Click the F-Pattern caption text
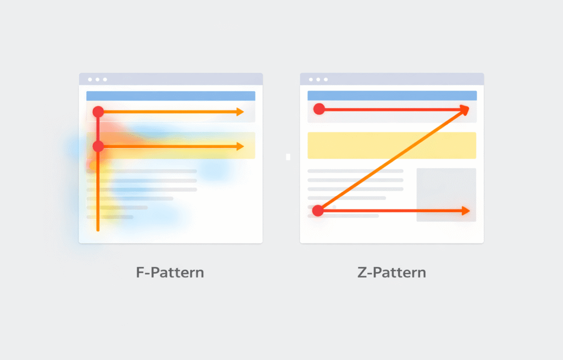pos(170,273)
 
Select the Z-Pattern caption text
pos(391,273)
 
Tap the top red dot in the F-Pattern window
pos(98,112)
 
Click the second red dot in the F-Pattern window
pos(98,146)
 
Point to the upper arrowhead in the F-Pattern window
pos(240,112)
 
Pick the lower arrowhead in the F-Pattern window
pos(240,146)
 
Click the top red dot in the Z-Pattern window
pos(319,109)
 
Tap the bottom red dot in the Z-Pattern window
pos(318,211)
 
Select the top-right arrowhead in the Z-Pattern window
pos(465,109)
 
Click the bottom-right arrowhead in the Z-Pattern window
pos(466,211)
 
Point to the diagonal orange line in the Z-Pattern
pos(391,160)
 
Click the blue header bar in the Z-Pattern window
pos(392,96)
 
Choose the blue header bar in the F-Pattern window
pos(171,96)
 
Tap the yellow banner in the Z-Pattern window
pos(391,145)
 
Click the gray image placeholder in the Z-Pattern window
pos(446,195)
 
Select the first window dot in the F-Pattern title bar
pos(90,79)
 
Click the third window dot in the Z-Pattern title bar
pos(325,79)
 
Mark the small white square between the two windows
pos(288,157)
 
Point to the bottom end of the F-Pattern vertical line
pos(98,230)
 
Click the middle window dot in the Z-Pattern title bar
pos(318,79)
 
